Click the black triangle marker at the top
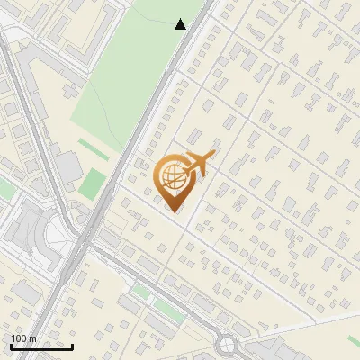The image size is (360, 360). [x=180, y=24]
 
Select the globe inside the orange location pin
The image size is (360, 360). [x=170, y=176]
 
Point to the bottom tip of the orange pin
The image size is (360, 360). [x=171, y=211]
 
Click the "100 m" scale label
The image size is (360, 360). [x=23, y=338]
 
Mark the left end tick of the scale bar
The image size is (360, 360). [x=11, y=346]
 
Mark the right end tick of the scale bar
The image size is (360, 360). [x=72, y=346]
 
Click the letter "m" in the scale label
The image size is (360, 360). [x=32, y=338]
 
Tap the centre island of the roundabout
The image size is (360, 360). [x=226, y=345]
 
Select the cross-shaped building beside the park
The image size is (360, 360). [x=67, y=166]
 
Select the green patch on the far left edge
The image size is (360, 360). [x=4, y=190]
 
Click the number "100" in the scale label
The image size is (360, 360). [x=19, y=338]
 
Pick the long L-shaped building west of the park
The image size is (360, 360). [x=40, y=67]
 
